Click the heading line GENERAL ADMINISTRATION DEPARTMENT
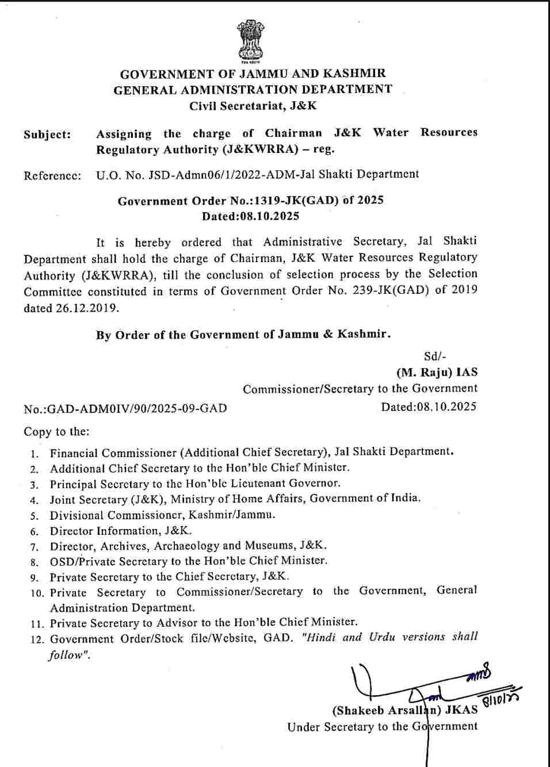click(x=253, y=90)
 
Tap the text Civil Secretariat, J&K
click(x=253, y=106)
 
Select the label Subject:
click(x=48, y=135)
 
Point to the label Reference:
click(x=52, y=175)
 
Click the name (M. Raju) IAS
click(x=437, y=373)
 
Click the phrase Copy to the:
click(x=56, y=432)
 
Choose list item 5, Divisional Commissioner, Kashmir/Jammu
click(x=162, y=515)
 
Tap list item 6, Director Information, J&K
click(x=121, y=531)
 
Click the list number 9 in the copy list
click(x=35, y=578)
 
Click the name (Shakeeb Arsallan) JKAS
click(x=405, y=710)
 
